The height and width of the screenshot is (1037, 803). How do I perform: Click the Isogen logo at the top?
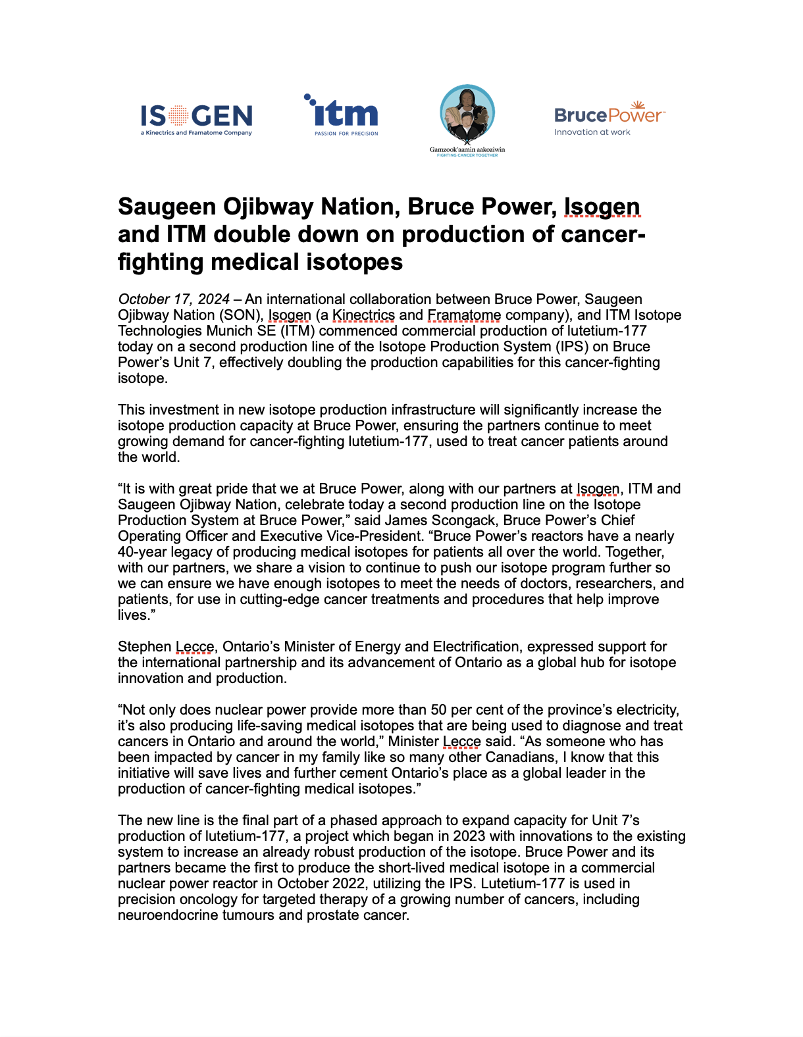[x=196, y=118]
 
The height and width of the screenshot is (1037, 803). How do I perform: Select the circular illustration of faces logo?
[x=467, y=113]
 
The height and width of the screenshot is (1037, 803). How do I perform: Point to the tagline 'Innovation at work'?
[x=592, y=132]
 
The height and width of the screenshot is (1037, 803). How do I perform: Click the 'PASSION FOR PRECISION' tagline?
[x=346, y=134]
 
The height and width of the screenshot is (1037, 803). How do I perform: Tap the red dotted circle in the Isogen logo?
[x=178, y=116]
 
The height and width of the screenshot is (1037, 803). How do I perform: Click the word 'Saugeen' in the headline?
[x=167, y=207]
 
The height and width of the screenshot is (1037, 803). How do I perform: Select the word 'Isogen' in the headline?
[x=602, y=207]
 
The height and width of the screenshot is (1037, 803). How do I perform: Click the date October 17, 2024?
[x=174, y=299]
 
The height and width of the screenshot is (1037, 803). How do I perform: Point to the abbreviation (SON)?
[x=242, y=315]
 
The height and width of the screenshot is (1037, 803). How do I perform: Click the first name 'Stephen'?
[x=144, y=647]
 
